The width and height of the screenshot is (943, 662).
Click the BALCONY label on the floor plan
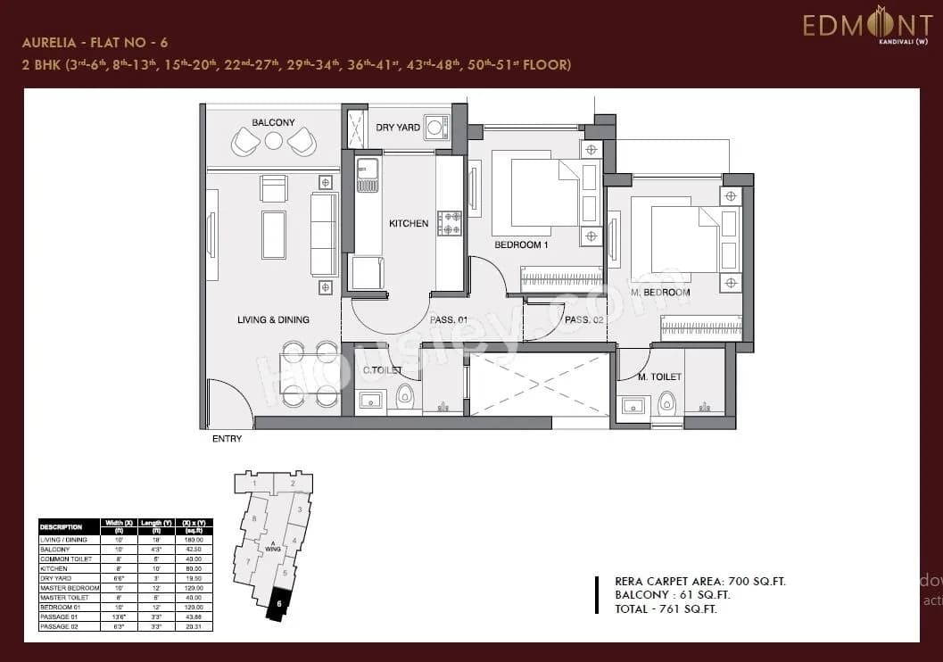[273, 122]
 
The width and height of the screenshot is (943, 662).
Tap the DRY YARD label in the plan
[398, 128]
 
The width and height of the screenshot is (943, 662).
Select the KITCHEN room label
[409, 223]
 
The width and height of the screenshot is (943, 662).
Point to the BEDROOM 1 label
[522, 244]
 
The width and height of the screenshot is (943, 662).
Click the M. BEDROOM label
[660, 293]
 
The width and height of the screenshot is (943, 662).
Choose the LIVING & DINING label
[273, 319]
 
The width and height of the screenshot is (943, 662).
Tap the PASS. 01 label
[449, 319]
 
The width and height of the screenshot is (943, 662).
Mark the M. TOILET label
[659, 377]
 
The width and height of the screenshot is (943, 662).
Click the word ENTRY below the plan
[227, 439]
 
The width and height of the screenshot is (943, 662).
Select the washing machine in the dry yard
[437, 127]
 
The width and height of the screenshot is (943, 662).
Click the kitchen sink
[368, 175]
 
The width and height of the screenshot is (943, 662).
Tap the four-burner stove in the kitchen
[450, 223]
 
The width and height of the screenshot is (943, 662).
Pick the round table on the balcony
[274, 140]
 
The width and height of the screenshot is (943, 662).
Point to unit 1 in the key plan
[255, 484]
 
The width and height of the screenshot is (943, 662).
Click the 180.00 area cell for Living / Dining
[194, 540]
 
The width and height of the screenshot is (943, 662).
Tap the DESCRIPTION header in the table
[62, 527]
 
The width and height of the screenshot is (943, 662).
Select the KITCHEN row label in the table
[54, 568]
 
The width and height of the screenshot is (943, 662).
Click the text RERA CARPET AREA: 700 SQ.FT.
[700, 582]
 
